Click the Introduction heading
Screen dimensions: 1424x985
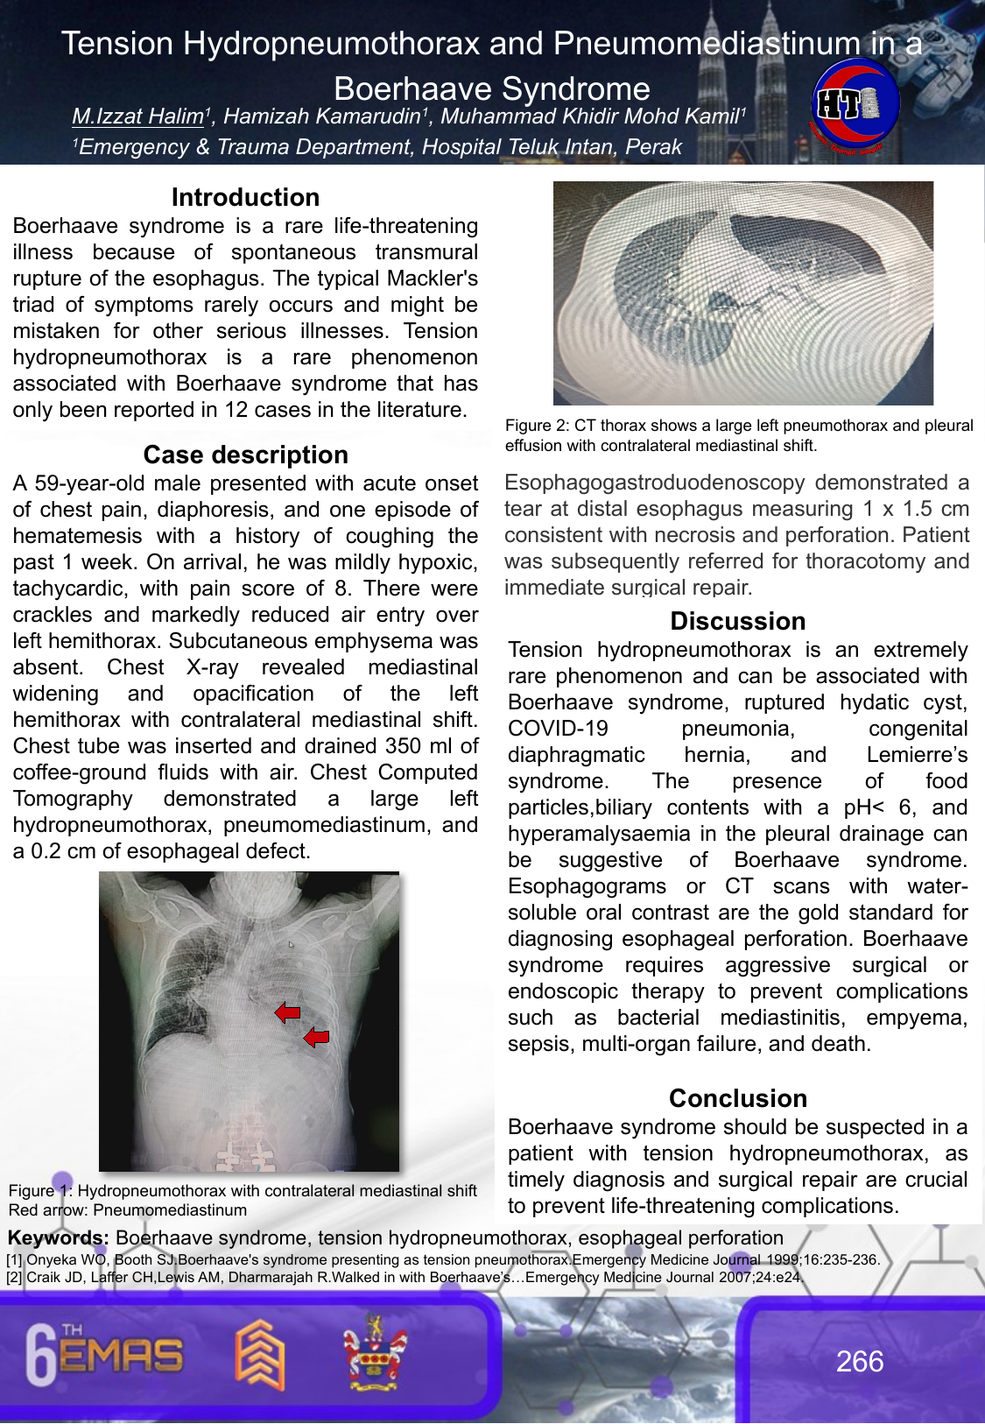coord(245,197)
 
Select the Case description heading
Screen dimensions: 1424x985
coord(245,455)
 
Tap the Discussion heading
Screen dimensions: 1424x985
coord(737,621)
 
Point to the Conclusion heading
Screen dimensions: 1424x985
coord(737,1098)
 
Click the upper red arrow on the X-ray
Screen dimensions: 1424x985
coord(287,1012)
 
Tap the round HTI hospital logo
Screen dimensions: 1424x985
coord(855,105)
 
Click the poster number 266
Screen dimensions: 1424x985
coord(859,1361)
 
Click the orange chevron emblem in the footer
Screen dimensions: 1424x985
coord(260,1355)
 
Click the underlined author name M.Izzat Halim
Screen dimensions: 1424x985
coord(137,116)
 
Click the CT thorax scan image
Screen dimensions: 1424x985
coord(742,293)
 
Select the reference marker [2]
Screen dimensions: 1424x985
coord(15,1277)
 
